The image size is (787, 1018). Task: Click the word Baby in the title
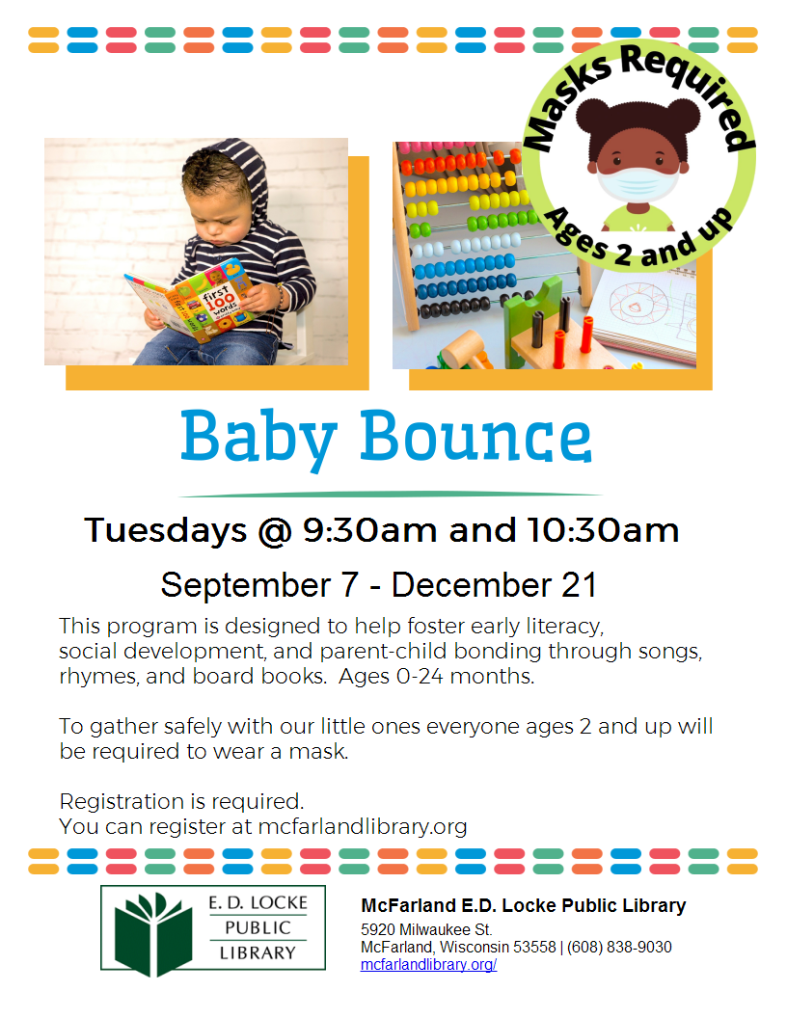pyautogui.click(x=257, y=439)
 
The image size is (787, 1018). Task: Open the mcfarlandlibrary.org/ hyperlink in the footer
pyautogui.click(x=428, y=964)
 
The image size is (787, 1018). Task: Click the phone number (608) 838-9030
pyautogui.click(x=620, y=947)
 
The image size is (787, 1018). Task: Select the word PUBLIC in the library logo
pyautogui.click(x=258, y=927)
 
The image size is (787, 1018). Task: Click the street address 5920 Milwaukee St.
pyautogui.click(x=426, y=929)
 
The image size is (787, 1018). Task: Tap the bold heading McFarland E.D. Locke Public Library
pyautogui.click(x=523, y=905)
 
